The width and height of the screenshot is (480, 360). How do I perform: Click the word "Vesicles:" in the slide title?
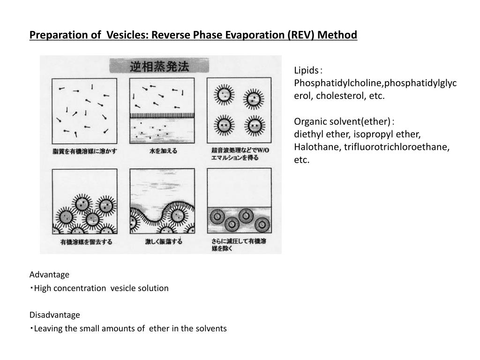click(126, 35)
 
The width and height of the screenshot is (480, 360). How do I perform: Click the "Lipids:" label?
click(307, 71)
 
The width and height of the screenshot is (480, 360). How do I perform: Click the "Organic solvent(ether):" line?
click(344, 122)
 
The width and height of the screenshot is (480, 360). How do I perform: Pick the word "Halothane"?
click(317, 147)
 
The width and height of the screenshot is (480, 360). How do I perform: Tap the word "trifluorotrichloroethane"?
click(397, 147)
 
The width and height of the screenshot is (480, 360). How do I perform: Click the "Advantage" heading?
click(49, 275)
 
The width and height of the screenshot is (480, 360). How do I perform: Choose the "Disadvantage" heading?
click(55, 315)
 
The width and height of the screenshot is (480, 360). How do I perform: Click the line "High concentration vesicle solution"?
click(101, 288)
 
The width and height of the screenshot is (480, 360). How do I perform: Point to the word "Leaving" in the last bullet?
click(49, 329)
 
